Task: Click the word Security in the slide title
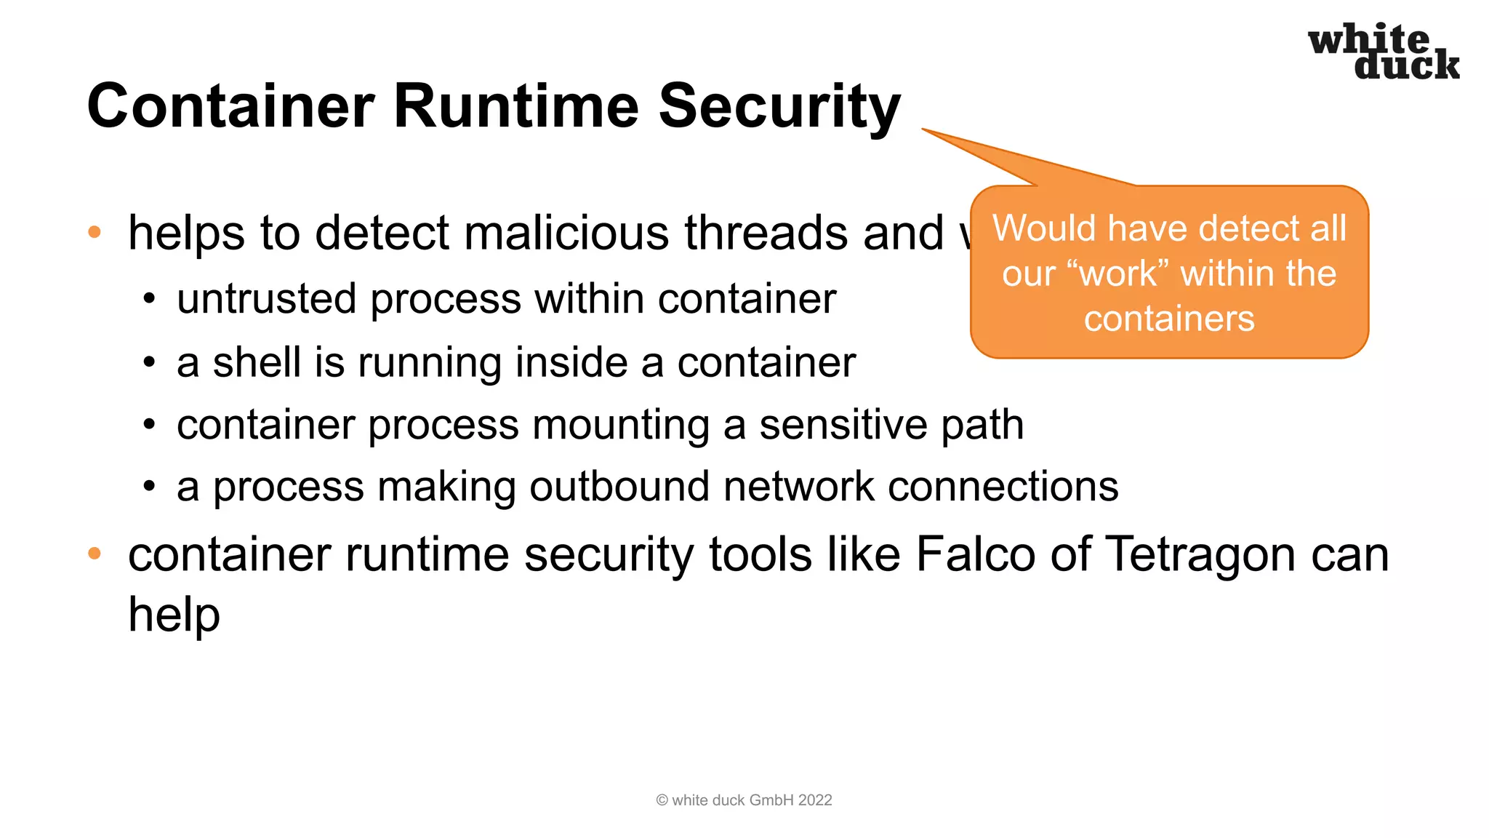click(779, 106)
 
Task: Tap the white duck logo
click(1383, 51)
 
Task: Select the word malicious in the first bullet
click(566, 234)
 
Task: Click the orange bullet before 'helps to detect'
click(94, 233)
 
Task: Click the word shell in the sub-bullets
click(257, 362)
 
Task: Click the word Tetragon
click(1200, 554)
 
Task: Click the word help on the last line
click(174, 615)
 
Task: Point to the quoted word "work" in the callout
click(1118, 274)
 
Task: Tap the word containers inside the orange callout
click(1169, 319)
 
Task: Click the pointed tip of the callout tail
click(923, 129)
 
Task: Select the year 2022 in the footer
click(815, 800)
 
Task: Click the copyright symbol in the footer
click(662, 800)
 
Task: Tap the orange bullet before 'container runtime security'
click(94, 554)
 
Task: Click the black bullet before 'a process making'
click(149, 487)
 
